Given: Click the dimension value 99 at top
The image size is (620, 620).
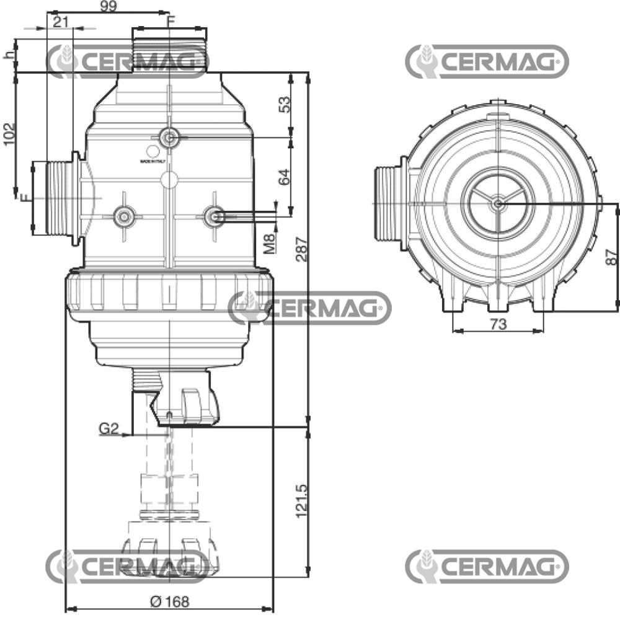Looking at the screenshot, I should click(x=109, y=6).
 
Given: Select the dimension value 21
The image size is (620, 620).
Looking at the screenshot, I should click(x=60, y=22).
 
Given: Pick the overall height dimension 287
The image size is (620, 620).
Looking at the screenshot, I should click(x=301, y=249).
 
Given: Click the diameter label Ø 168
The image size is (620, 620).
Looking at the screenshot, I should click(x=169, y=601).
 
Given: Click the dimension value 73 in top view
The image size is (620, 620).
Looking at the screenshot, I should click(x=498, y=324).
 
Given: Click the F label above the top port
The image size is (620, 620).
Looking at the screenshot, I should click(x=171, y=20).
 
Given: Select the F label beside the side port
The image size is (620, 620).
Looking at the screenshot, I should click(x=24, y=198).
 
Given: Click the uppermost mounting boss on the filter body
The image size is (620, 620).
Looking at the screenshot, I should click(x=168, y=138).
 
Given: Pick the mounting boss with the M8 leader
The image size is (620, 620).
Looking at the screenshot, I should click(x=214, y=216).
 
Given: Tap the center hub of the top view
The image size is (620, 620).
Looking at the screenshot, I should click(x=498, y=203).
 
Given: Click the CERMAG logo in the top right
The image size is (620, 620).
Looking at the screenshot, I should click(x=487, y=61).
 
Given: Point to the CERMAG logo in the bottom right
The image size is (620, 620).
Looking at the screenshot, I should click(x=487, y=566).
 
